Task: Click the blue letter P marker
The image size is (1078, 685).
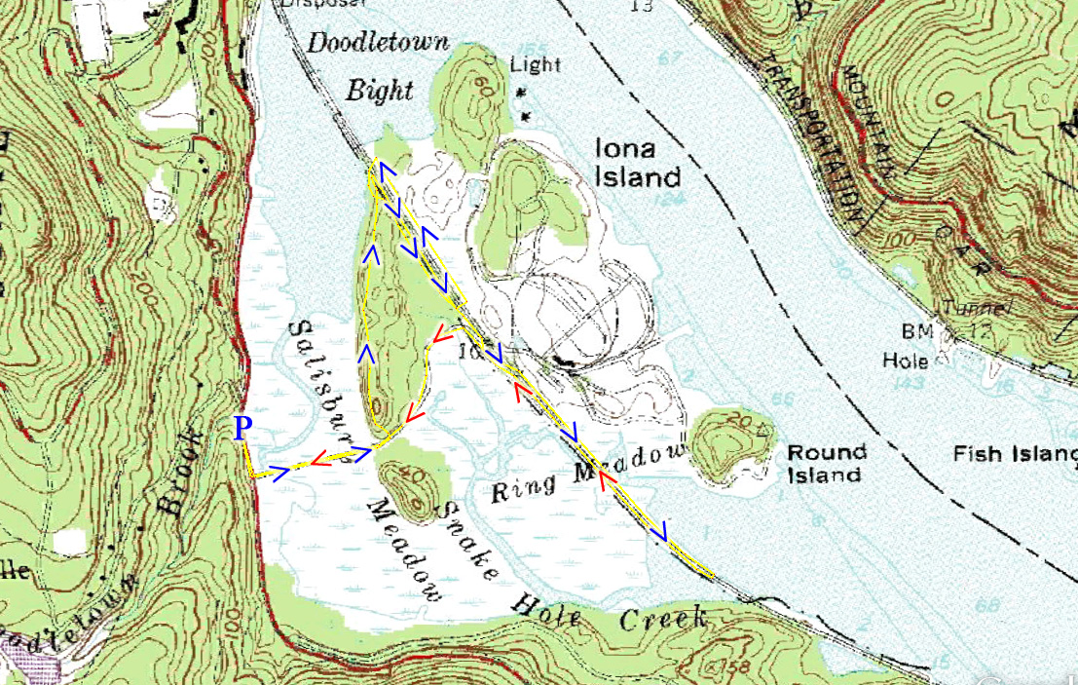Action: (242, 429)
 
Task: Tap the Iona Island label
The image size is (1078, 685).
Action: (637, 162)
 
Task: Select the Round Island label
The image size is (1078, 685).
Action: (826, 463)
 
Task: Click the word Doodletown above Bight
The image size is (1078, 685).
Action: (378, 43)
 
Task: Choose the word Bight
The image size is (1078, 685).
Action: (380, 92)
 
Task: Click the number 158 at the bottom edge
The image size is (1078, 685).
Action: (719, 666)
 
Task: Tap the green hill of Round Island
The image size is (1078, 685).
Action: (728, 443)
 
